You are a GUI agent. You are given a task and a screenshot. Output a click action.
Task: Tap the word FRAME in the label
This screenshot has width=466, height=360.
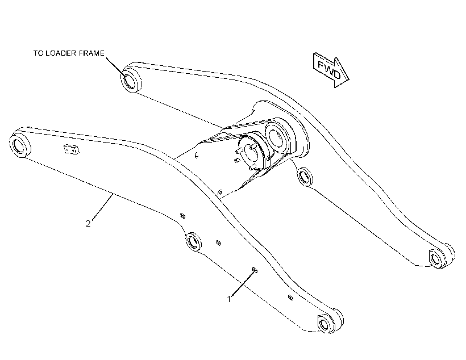click(91, 53)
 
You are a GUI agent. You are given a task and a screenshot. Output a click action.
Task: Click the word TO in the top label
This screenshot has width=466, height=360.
click(38, 53)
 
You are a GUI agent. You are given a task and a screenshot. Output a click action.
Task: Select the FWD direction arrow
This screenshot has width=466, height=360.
click(331, 70)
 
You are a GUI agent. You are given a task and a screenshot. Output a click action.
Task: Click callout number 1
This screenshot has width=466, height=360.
click(229, 299)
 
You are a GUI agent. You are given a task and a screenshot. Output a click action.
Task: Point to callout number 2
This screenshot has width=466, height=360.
click(88, 223)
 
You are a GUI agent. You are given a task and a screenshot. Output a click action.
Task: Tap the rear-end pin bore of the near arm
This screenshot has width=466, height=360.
click(20, 145)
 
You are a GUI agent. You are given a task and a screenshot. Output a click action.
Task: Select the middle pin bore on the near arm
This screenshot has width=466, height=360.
click(193, 241)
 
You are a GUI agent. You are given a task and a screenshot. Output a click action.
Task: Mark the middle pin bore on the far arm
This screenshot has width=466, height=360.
click(305, 177)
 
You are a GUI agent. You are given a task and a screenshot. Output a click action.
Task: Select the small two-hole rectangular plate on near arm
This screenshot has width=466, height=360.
click(72, 149)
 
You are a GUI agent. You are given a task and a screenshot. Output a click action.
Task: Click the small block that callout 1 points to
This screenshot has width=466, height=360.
click(255, 270)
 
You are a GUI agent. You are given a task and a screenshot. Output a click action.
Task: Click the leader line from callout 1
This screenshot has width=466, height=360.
click(243, 284)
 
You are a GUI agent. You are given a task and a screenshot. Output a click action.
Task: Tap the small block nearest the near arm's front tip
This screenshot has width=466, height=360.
click(290, 298)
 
